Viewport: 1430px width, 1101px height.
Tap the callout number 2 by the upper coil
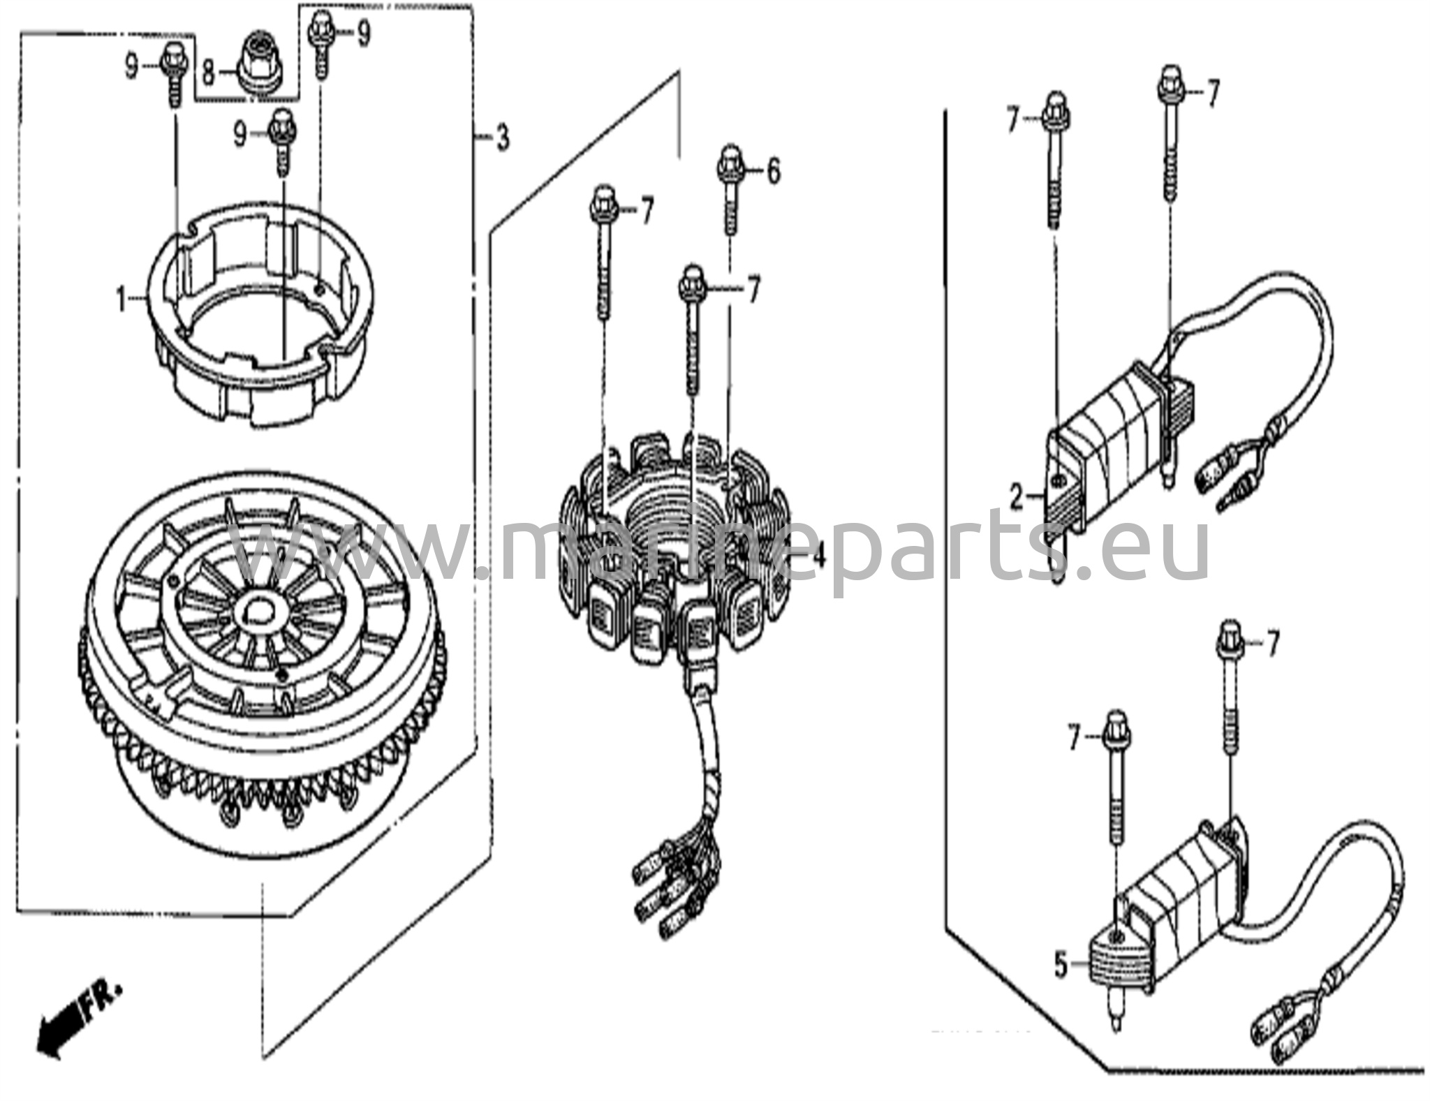[1017, 498]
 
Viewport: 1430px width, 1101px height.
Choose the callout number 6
[773, 171]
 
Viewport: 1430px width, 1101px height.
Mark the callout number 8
[208, 71]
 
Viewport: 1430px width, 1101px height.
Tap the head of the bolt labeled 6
[730, 163]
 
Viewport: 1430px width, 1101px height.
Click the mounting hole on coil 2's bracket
[1059, 480]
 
